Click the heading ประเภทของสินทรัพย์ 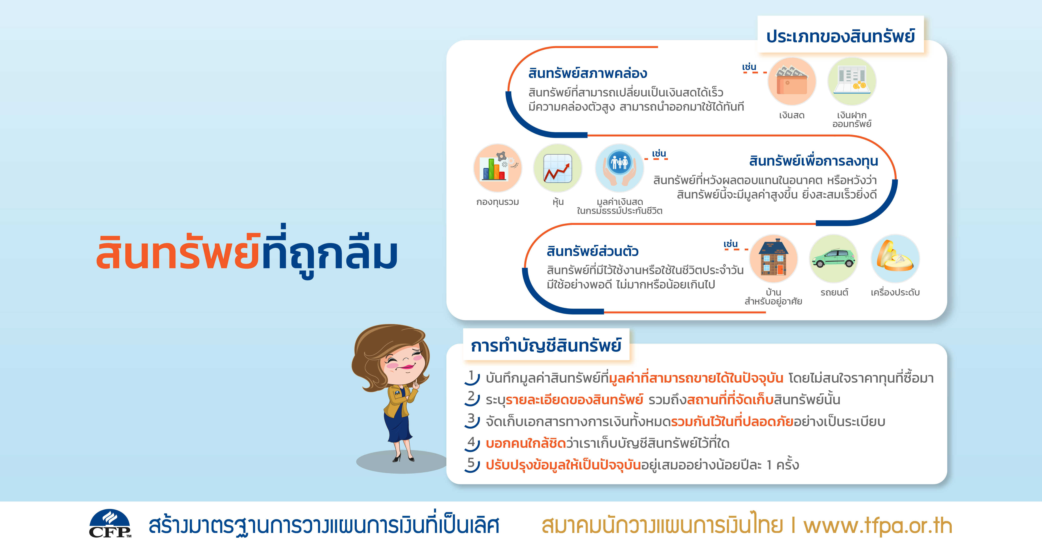click(x=840, y=36)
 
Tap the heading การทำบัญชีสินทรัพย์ click(x=546, y=346)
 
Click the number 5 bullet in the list click(x=472, y=464)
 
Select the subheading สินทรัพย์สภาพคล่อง click(x=588, y=73)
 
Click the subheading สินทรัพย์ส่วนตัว click(x=593, y=251)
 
